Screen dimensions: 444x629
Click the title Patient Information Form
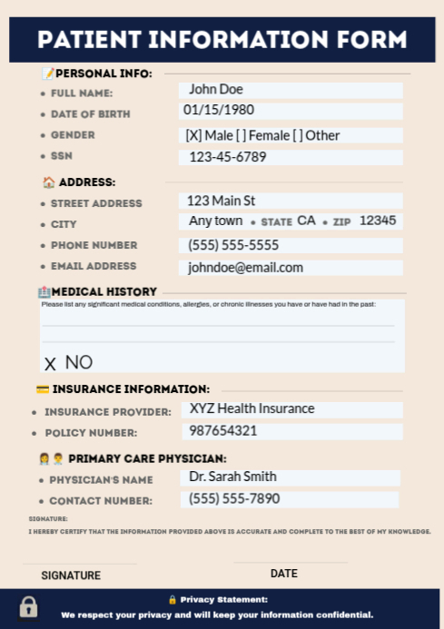[x=222, y=40]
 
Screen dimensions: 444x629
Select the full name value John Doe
[x=215, y=89]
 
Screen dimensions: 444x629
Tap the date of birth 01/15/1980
[x=219, y=110]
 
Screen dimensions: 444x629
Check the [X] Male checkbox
[x=192, y=135]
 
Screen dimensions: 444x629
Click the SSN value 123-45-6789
[x=228, y=157]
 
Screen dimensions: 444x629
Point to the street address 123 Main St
[x=221, y=201]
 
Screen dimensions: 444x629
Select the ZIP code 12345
[x=378, y=221]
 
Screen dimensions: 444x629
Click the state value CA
[x=306, y=221]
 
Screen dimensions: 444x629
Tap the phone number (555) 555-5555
[x=233, y=245]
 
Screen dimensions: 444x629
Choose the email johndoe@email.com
[x=245, y=268]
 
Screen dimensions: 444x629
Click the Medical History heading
[x=104, y=292]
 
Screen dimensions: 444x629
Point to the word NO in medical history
[x=79, y=362]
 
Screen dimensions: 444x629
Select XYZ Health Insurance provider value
[x=252, y=408]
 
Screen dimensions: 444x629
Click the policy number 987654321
[x=223, y=430]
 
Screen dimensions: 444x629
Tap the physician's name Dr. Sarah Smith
[x=232, y=477]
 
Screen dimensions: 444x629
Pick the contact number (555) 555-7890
[x=234, y=498]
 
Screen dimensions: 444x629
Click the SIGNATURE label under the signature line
[x=71, y=575]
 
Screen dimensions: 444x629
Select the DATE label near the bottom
[x=283, y=574]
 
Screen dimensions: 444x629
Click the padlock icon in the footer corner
[x=29, y=606]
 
